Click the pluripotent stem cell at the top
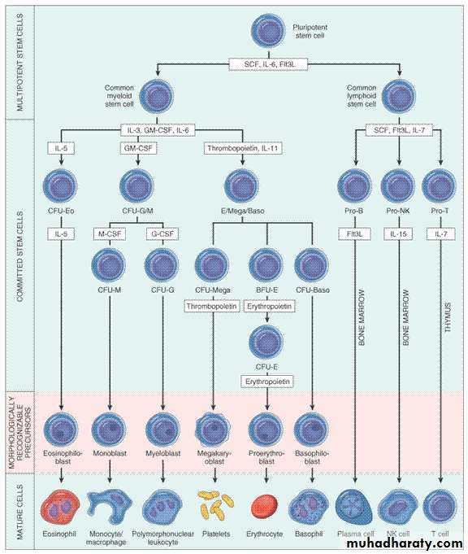click(268, 31)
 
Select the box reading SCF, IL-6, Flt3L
click(269, 64)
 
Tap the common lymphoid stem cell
click(399, 97)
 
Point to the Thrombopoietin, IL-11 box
click(243, 148)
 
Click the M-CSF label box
click(110, 234)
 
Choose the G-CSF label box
click(162, 234)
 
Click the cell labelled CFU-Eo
click(60, 186)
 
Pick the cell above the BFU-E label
click(266, 265)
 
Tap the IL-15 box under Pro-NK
click(399, 234)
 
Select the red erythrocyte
click(264, 506)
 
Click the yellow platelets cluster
click(215, 505)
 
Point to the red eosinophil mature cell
click(60, 506)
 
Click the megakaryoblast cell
click(213, 430)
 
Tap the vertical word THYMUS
click(448, 316)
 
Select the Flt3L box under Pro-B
click(355, 234)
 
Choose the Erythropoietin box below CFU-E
click(267, 382)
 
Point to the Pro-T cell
click(440, 186)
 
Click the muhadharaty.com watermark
click(405, 543)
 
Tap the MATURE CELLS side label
click(19, 511)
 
